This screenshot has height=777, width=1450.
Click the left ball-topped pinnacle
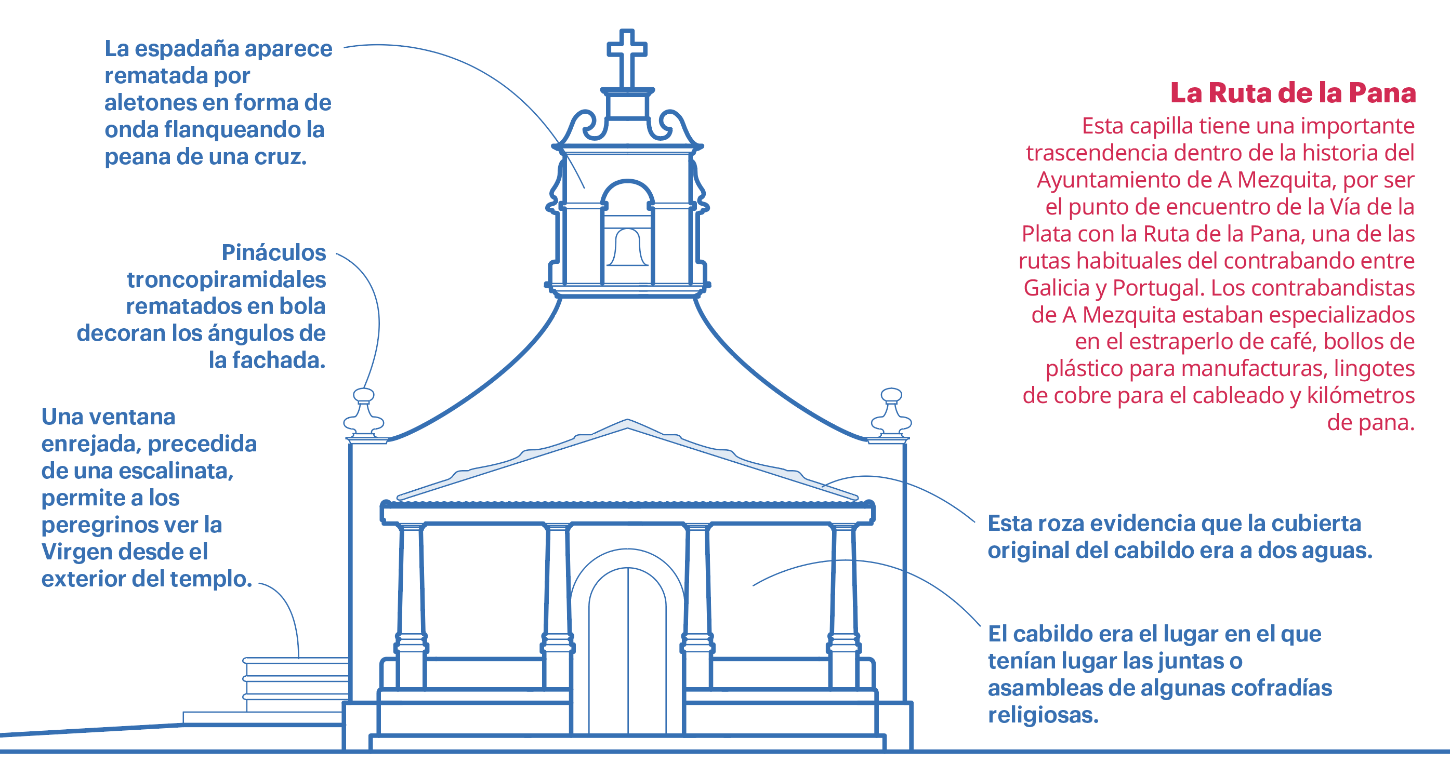pyautogui.click(x=364, y=413)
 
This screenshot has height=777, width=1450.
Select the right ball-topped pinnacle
pyautogui.click(x=891, y=413)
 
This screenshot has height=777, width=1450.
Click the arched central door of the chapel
pyautogui.click(x=627, y=653)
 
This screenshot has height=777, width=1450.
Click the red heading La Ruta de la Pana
pyautogui.click(x=1293, y=93)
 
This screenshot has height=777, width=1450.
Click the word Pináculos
pyautogui.click(x=273, y=252)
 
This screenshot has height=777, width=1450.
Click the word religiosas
pyautogui.click(x=1043, y=715)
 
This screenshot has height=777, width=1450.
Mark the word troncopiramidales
pyautogui.click(x=226, y=279)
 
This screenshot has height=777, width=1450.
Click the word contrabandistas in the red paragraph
pyautogui.click(x=1313, y=288)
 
